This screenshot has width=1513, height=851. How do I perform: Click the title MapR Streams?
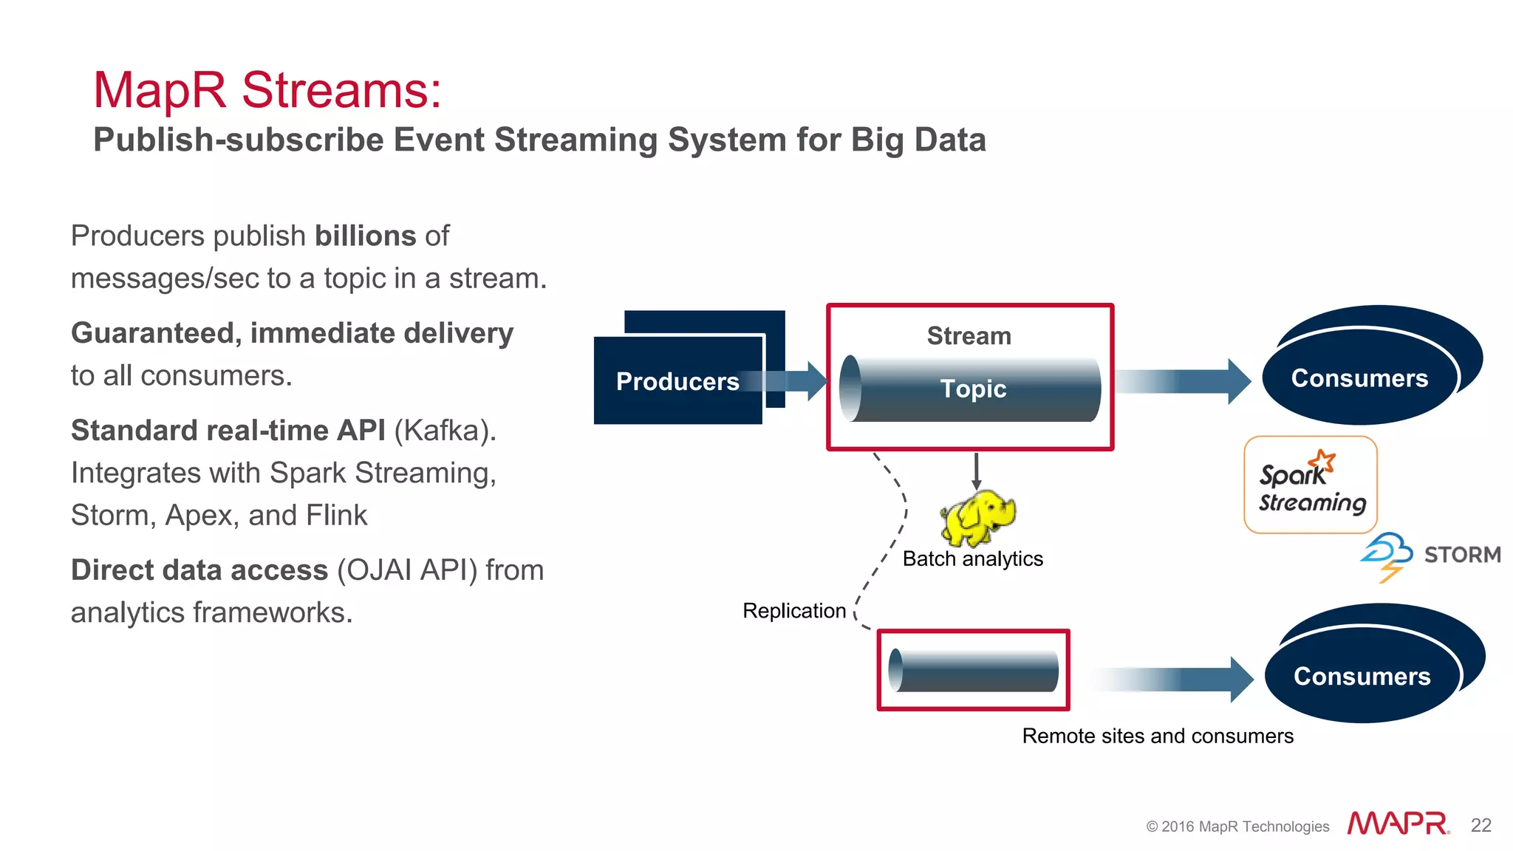pos(267,91)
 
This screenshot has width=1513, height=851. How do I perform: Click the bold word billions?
pos(365,236)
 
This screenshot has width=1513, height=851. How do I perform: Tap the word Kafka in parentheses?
pos(445,431)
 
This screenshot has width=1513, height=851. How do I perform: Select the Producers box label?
pos(677,382)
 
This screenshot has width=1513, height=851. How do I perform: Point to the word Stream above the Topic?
pos(969,336)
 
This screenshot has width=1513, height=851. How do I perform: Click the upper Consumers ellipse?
pos(1359,378)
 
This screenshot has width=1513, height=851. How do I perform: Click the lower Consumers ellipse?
pos(1362,676)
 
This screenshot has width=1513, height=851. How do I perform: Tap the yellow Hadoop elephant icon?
pos(977,517)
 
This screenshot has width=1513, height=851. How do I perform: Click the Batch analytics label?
pos(972,559)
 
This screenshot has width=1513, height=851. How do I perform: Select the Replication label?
pos(794,611)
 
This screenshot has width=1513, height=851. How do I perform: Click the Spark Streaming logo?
pos(1311,485)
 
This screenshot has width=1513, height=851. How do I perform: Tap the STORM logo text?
pos(1461,555)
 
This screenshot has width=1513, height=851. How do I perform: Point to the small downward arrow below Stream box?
pos(976,471)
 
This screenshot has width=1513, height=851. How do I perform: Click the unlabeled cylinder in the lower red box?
pos(974,670)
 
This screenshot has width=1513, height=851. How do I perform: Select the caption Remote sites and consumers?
pos(1157,736)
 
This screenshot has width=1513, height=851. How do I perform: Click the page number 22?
pos(1480,825)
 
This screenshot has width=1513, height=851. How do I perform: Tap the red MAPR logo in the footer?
pos(1397,824)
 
